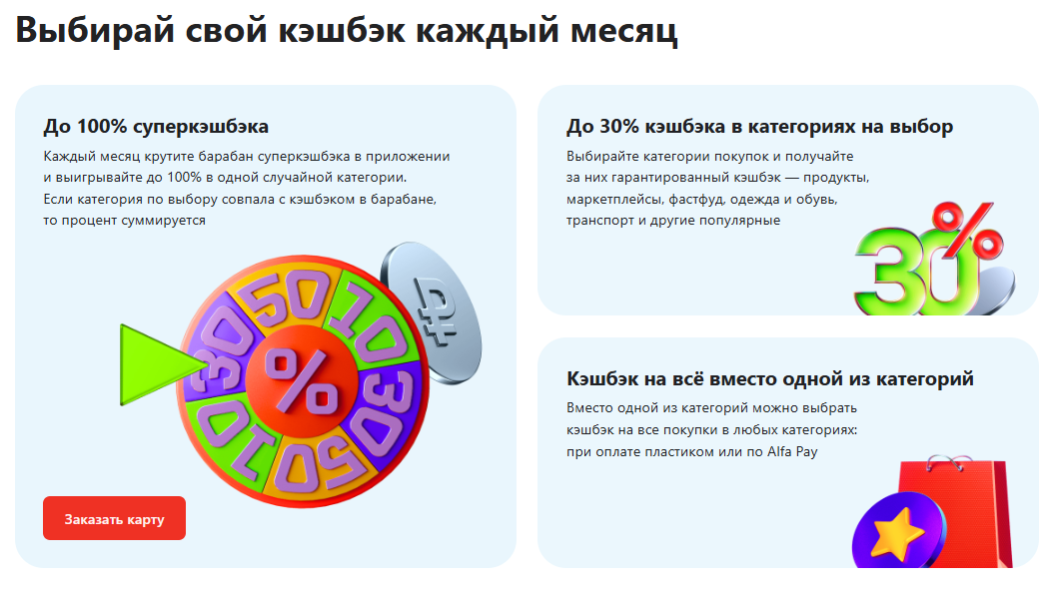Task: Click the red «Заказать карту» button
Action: [114, 518]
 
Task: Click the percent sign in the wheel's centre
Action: [301, 381]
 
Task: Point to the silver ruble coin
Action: [431, 312]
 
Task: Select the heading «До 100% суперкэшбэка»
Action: [156, 127]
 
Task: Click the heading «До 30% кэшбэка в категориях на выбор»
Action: [759, 127]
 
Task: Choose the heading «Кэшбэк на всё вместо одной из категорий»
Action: [770, 379]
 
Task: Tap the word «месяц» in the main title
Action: [623, 31]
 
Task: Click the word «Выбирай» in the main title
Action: [95, 30]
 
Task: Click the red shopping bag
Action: [956, 511]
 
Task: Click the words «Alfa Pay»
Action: [792, 451]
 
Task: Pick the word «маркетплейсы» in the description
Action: [615, 200]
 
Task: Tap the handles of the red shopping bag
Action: [949, 463]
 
